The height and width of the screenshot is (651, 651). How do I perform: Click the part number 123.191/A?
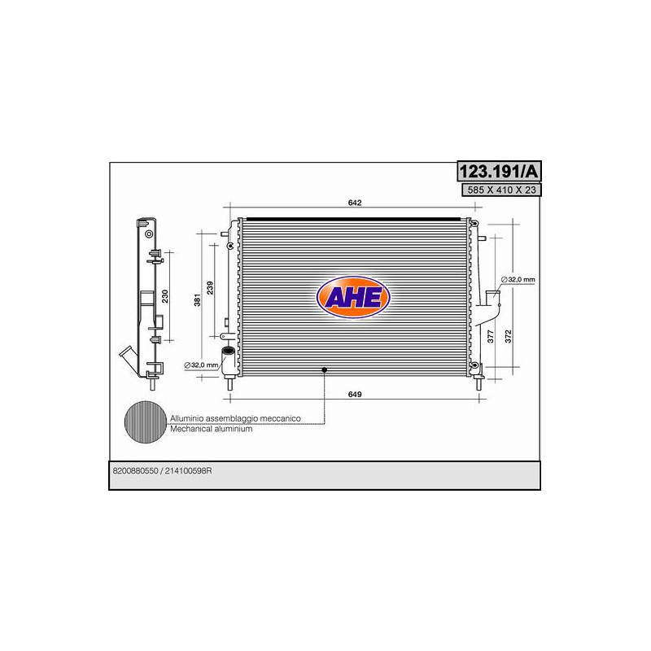pos(499,171)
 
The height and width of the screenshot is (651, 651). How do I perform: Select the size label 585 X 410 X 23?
pos(501,190)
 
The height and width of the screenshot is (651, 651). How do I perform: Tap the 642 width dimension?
pos(355,203)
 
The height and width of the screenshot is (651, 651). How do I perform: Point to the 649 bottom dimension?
pos(355,394)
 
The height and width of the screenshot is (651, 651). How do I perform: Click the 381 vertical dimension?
pos(197,299)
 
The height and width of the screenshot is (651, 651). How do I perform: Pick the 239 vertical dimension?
pos(210,288)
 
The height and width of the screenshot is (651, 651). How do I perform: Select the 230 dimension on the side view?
pos(165,296)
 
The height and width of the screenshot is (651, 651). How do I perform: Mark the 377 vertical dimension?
pos(491,336)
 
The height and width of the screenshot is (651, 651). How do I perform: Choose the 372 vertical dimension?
pos(508,336)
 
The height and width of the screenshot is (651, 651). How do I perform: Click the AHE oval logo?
pos(353,297)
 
